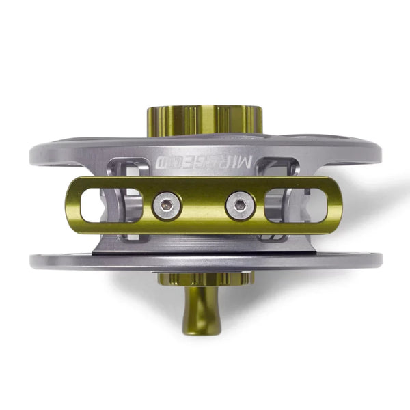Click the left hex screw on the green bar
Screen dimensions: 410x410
(x=167, y=205)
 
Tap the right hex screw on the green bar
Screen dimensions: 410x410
(x=240, y=205)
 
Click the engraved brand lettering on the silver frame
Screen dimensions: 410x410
(x=204, y=163)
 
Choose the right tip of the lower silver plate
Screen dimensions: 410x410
(x=379, y=260)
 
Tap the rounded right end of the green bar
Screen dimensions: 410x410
(x=339, y=205)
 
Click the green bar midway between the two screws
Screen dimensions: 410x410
(x=204, y=205)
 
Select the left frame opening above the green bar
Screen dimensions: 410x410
(x=133, y=168)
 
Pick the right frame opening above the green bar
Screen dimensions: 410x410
(x=277, y=167)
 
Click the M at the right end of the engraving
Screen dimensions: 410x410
(x=248, y=163)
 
